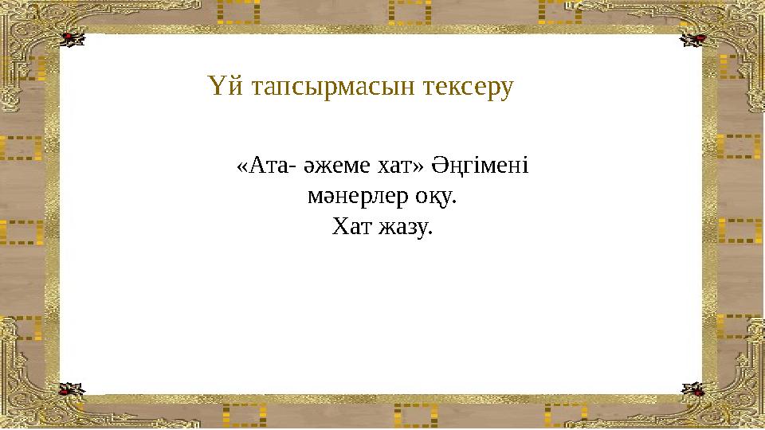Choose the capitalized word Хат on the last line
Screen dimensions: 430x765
point(348,228)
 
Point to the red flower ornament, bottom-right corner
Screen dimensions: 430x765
point(693,389)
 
